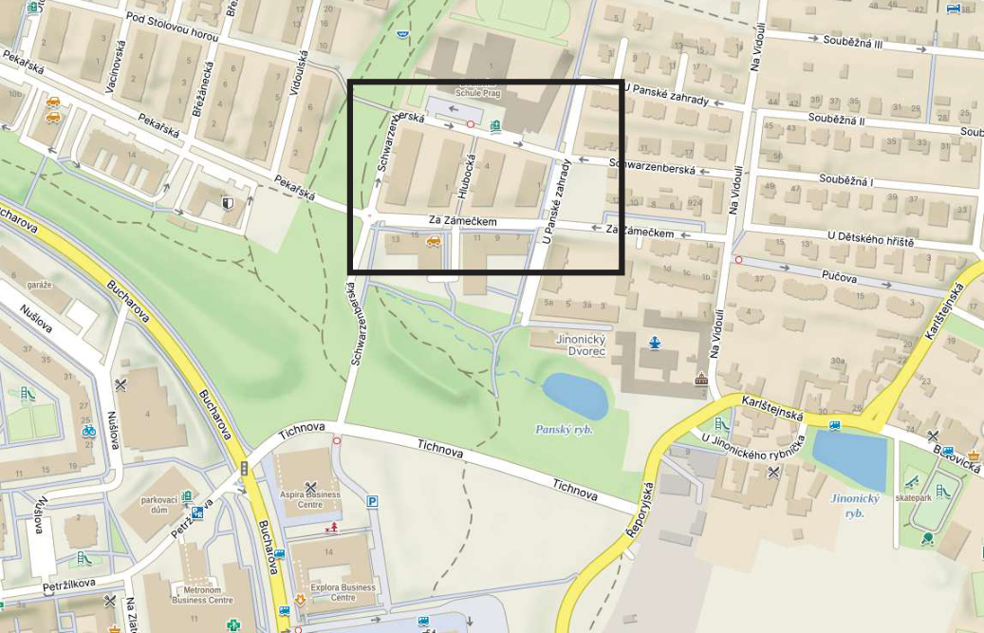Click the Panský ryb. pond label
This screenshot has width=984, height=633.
(564, 430)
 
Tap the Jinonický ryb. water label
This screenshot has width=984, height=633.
(854, 505)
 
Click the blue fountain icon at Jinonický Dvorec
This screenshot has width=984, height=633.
(653, 343)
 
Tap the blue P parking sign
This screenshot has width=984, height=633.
(373, 502)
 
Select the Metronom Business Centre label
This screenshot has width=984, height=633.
(202, 595)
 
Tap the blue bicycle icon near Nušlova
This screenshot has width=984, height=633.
(89, 430)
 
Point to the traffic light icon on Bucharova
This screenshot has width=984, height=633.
(244, 468)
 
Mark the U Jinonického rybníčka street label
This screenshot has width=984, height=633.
(753, 441)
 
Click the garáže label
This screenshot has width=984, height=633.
(39, 285)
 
